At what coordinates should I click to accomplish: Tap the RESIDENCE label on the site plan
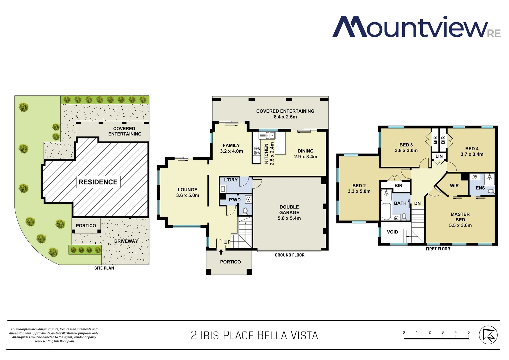coord(98,182)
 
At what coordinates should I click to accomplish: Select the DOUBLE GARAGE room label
coord(289,213)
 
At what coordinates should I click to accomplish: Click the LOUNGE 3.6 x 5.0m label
coord(188,192)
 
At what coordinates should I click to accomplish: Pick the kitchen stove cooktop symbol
coord(257,151)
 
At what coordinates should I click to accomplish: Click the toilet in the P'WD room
coord(245,211)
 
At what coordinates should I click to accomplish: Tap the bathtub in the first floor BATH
coord(386,212)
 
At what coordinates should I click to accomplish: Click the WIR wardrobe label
coord(454,186)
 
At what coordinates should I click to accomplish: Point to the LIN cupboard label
coord(439,156)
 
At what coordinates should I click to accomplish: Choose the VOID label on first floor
coord(392,232)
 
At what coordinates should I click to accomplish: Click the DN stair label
coord(417,203)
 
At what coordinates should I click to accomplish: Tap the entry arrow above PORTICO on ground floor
coord(221,251)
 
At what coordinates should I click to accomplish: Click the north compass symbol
coord(488,335)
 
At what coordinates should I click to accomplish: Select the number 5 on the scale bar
coord(468,332)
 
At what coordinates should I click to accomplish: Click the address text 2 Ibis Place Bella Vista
coord(254,335)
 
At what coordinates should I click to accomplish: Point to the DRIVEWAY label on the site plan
coord(126,241)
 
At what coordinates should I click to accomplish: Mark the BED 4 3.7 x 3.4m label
coord(472,151)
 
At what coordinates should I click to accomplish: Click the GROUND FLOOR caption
coord(290,255)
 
